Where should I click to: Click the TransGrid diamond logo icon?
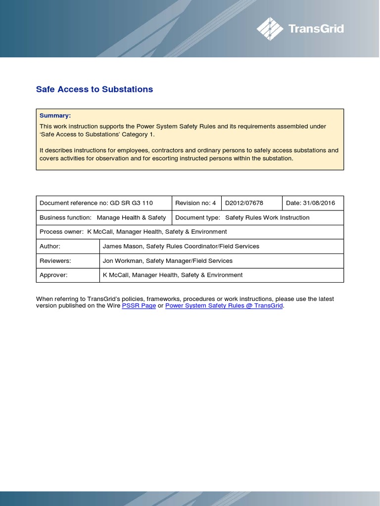(x=270, y=29)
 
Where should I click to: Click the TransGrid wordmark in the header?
(x=316, y=29)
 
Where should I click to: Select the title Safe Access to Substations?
(x=95, y=89)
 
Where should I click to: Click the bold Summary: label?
(x=55, y=116)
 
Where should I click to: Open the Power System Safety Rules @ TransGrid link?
(x=224, y=306)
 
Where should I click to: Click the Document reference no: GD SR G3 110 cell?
(x=96, y=203)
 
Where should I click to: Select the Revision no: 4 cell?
(x=196, y=203)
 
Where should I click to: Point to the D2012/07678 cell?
(x=244, y=203)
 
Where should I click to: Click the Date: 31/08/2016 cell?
(x=311, y=203)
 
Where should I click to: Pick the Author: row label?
(x=50, y=246)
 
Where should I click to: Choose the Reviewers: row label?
(x=55, y=260)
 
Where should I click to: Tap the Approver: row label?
(x=53, y=275)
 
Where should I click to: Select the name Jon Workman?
(x=121, y=260)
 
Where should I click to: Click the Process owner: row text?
(x=133, y=232)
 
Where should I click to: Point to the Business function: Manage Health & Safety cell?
(x=103, y=217)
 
